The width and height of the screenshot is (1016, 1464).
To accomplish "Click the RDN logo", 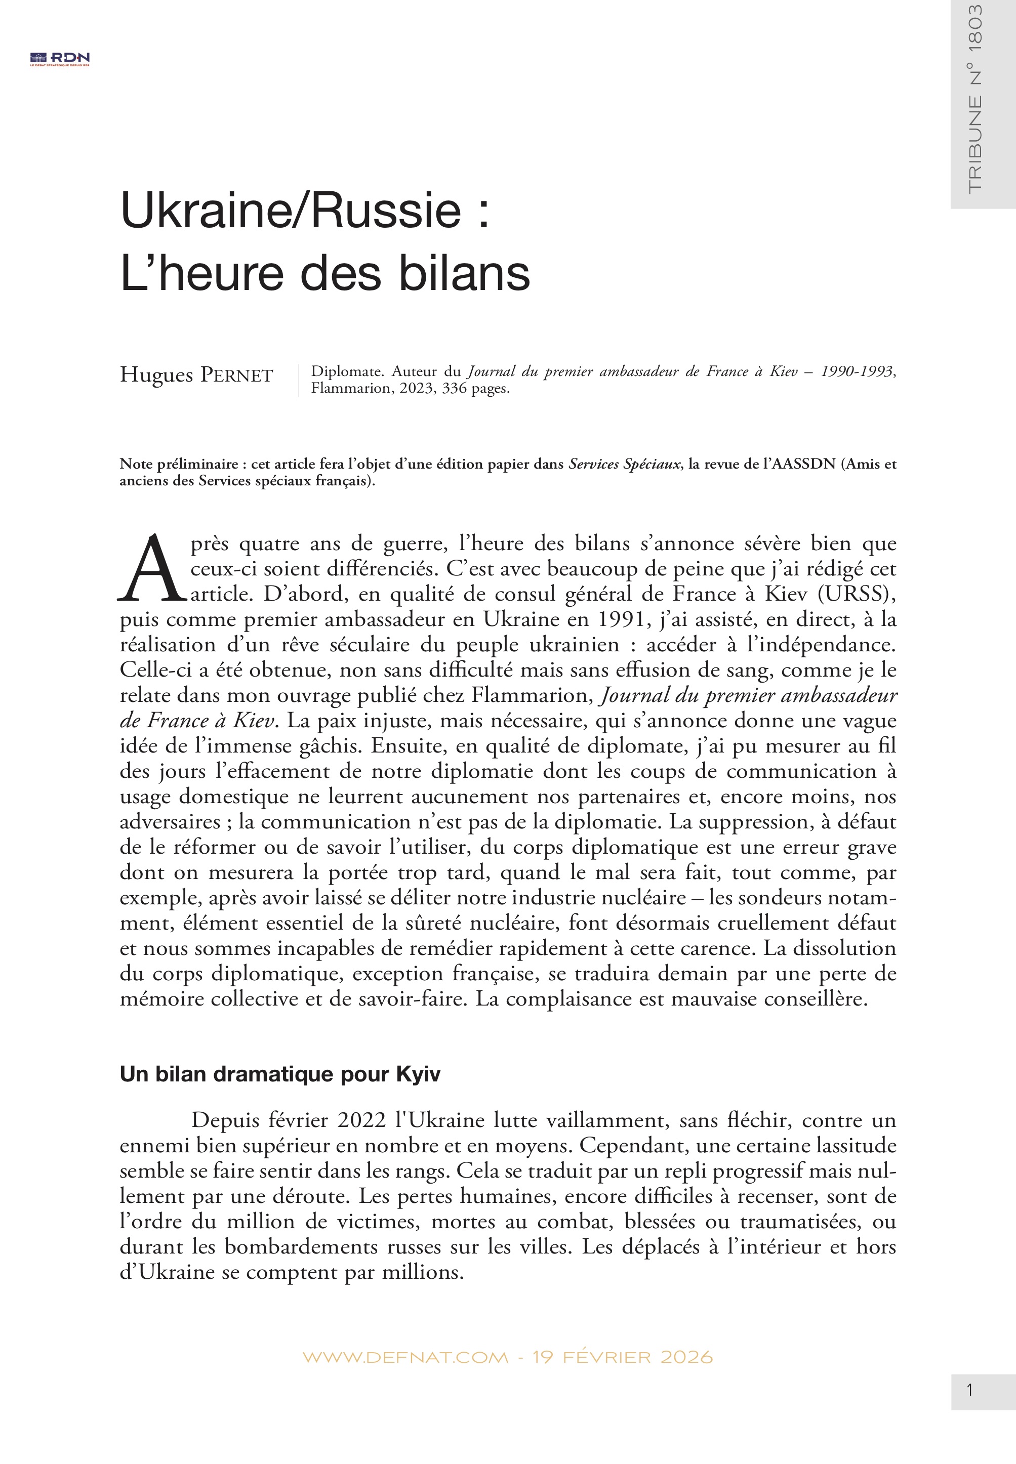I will pos(60,59).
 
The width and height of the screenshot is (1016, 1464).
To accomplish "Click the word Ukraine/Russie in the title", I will pos(290,210).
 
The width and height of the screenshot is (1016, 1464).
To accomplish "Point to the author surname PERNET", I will pos(237,375).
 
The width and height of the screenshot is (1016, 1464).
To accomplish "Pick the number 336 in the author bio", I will pos(454,388).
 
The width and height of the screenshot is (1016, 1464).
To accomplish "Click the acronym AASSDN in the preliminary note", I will pos(803,464).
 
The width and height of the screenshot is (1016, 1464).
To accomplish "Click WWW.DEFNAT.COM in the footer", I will pos(405,1357).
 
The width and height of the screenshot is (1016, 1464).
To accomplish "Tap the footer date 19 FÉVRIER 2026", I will pos(622,1357).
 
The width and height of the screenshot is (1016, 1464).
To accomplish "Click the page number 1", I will pos(969,1390).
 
